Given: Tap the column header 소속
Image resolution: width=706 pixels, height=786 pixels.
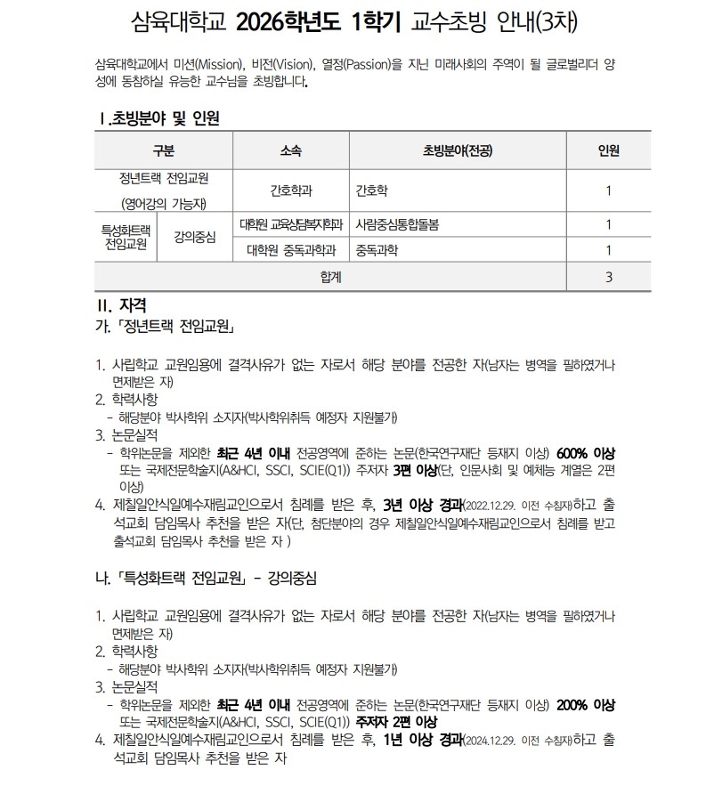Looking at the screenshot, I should tap(290, 149).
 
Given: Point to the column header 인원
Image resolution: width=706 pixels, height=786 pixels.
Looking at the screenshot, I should tap(609, 149).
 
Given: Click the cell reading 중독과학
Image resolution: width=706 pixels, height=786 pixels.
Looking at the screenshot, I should tap(377, 249).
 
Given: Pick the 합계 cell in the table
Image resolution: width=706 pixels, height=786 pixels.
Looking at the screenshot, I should tap(330, 276).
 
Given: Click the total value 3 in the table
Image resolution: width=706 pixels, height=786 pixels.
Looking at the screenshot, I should tap(609, 276).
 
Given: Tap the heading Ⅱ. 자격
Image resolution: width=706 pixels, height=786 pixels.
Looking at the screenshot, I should tap(122, 305).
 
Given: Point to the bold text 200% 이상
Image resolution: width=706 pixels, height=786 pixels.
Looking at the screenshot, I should tap(586, 703).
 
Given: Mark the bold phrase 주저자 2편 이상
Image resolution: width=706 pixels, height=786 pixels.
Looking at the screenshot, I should tap(396, 721).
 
